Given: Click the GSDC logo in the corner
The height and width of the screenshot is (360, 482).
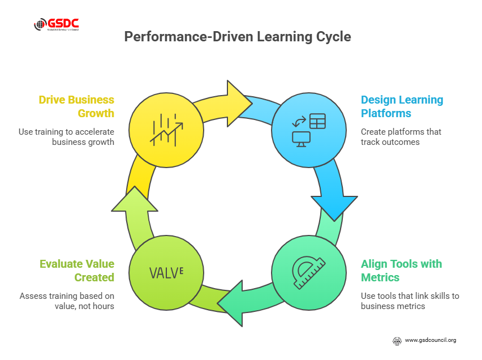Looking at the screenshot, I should click(57, 24).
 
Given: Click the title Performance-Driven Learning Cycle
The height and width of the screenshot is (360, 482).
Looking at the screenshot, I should click(238, 37).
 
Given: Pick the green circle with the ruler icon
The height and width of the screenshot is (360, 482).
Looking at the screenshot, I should click(309, 272).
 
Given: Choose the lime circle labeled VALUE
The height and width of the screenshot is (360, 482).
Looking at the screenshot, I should click(166, 272).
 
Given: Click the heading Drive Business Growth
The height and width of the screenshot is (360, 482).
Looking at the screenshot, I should click(76, 106).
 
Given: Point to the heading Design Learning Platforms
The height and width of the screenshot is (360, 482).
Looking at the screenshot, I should click(402, 106).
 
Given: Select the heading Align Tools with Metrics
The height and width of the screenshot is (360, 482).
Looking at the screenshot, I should click(402, 271).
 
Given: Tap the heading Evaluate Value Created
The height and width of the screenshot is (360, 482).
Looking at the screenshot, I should click(77, 271).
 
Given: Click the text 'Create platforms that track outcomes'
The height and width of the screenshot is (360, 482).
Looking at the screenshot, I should click(401, 136).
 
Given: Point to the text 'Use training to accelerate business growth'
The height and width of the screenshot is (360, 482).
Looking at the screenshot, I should click(67, 136).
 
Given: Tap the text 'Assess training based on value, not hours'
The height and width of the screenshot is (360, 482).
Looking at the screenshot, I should click(67, 301).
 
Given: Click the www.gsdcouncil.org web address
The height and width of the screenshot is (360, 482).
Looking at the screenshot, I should click(430, 340).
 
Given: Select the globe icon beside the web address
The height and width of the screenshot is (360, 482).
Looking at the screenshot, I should click(397, 341).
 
